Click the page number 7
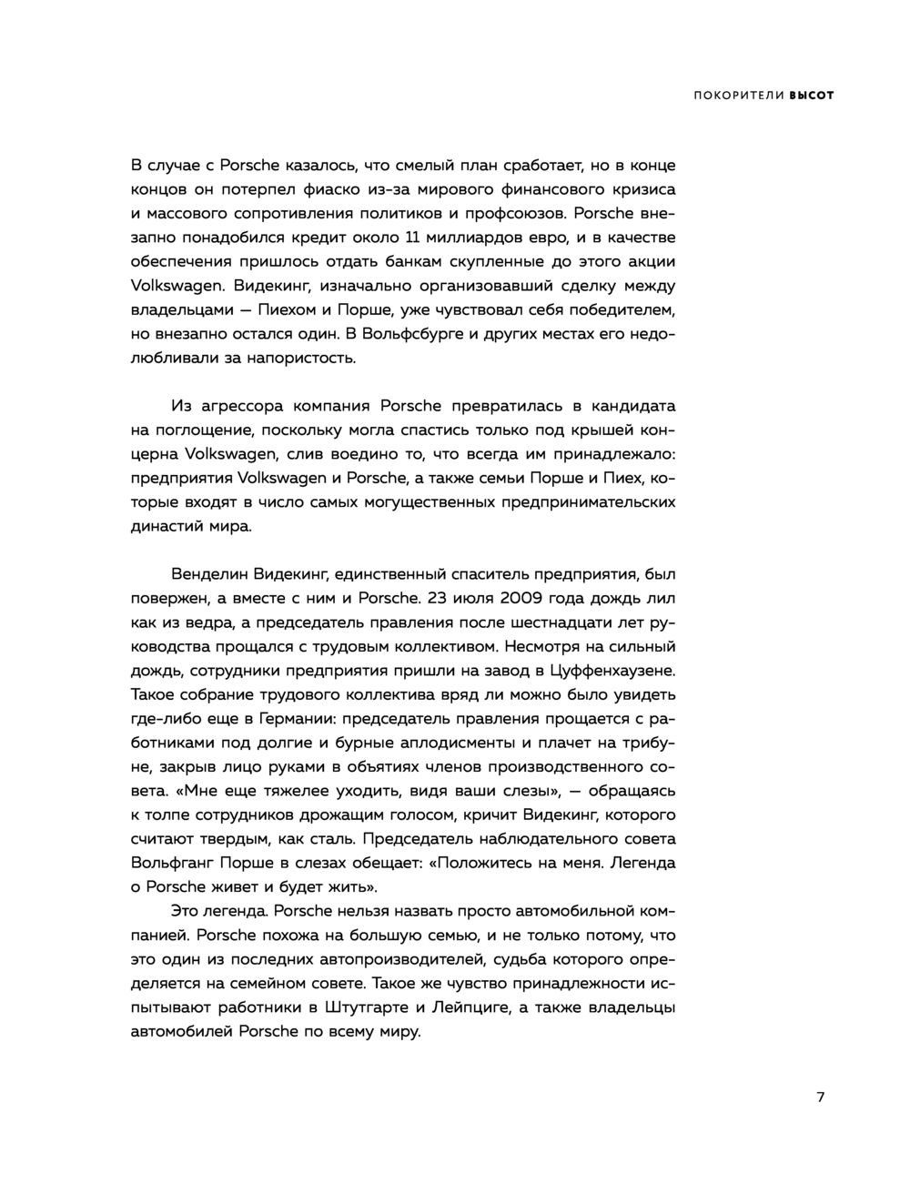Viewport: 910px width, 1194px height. pos(821,1098)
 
